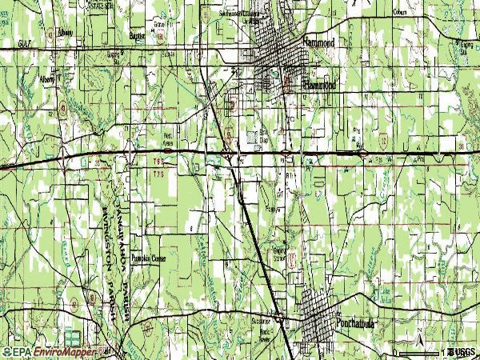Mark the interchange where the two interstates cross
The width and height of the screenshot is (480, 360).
pyautogui.click(x=229, y=152)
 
